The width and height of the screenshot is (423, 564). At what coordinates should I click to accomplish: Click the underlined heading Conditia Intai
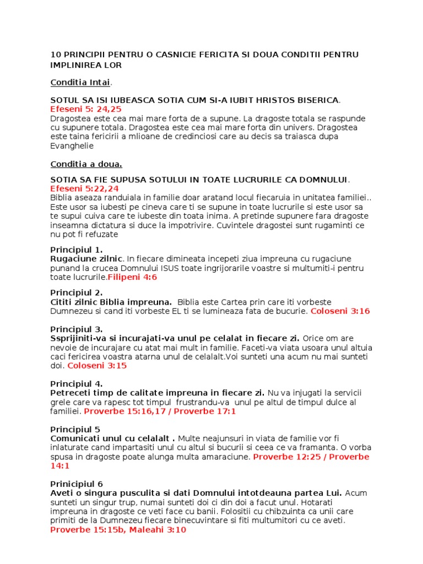click(80, 83)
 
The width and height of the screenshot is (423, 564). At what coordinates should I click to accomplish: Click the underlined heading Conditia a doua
click(86, 164)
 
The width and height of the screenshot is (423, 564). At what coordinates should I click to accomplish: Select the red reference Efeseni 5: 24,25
click(86, 110)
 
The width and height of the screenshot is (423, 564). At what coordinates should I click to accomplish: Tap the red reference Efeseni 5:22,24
click(84, 188)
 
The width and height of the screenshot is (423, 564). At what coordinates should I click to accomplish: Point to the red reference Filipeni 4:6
click(132, 277)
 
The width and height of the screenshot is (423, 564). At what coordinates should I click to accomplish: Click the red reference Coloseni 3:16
click(340, 311)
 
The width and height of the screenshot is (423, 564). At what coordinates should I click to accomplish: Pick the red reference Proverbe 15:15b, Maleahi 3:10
click(118, 530)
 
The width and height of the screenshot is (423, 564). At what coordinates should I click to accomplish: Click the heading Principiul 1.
click(76, 250)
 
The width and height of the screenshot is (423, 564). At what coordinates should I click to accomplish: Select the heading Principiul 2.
click(76, 292)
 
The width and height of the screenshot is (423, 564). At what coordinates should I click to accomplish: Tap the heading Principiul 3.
click(76, 329)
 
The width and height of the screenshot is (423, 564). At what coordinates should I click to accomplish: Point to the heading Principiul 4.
click(76, 383)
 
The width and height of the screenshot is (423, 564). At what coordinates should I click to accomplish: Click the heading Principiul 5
click(75, 429)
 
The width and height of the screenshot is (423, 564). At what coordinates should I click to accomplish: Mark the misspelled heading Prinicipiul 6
click(77, 484)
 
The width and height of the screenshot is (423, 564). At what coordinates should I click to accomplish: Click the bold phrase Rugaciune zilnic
click(85, 258)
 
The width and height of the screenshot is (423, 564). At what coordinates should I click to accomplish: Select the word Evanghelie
click(72, 146)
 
